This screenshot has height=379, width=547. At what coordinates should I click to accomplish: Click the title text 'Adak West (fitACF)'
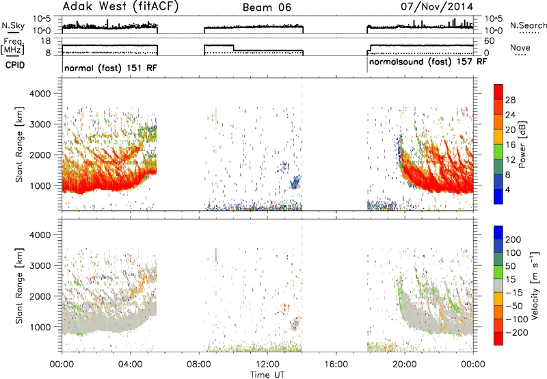click(120, 6)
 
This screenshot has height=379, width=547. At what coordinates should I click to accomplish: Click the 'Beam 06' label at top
click(267, 8)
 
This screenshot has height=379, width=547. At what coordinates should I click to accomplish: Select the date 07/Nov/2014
click(437, 7)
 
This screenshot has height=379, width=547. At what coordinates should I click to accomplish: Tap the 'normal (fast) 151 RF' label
click(111, 68)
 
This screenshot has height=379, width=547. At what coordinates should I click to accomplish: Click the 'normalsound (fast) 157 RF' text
click(428, 62)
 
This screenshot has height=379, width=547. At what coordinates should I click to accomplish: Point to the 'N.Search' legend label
click(528, 25)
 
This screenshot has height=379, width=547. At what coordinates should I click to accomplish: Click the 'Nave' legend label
click(520, 47)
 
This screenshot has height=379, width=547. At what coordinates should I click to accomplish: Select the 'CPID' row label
click(15, 65)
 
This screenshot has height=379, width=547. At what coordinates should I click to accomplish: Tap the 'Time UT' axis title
click(267, 375)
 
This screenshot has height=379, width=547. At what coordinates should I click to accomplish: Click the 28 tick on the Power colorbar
click(510, 100)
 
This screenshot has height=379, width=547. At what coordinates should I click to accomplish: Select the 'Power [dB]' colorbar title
click(522, 144)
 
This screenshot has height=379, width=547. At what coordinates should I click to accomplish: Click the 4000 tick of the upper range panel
click(40, 94)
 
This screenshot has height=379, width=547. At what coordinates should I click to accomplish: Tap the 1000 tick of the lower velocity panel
click(40, 327)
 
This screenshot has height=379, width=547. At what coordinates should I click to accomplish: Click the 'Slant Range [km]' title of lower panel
click(19, 286)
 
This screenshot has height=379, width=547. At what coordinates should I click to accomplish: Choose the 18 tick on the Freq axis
click(45, 41)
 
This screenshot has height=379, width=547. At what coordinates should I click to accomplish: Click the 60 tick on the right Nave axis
click(490, 41)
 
